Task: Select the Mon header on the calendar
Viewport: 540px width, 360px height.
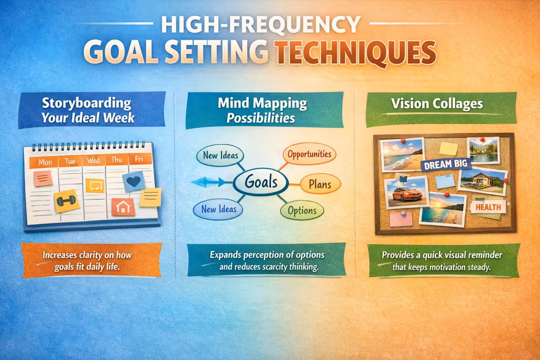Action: point(45,162)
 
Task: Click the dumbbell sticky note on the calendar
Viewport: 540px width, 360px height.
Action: point(67,201)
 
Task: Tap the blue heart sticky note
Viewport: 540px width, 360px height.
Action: point(134,181)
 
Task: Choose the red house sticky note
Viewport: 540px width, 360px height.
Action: point(123,207)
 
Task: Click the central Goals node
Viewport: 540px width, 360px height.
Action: point(261,183)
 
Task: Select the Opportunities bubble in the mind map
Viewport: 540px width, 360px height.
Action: point(309,154)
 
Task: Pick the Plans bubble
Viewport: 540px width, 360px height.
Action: point(320,184)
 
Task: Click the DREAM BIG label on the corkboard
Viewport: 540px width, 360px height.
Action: point(445,164)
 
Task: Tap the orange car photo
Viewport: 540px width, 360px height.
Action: point(406,192)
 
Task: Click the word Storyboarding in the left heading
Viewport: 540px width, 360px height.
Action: point(86,103)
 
